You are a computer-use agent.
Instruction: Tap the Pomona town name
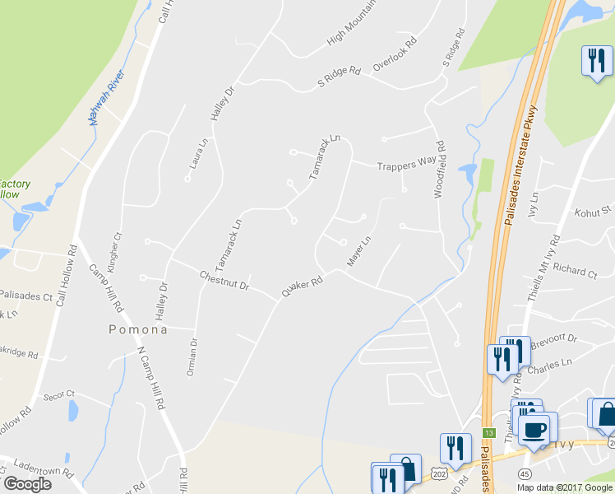[x=138, y=329]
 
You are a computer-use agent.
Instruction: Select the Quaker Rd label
[x=301, y=285]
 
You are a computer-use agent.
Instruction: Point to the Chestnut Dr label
[x=224, y=281]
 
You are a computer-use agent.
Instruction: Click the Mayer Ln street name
[x=359, y=251]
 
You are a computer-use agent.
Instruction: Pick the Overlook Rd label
[x=395, y=53]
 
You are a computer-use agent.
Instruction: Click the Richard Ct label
[x=575, y=269]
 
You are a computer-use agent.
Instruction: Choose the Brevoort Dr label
[x=556, y=339]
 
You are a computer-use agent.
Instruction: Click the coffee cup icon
[x=536, y=429]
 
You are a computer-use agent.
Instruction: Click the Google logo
[x=28, y=484]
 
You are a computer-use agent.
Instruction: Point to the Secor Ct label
[x=59, y=394]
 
